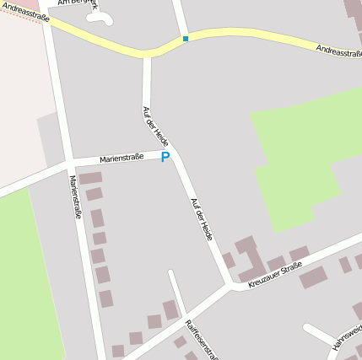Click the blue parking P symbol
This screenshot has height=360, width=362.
click(165, 157)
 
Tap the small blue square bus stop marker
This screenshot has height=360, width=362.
click(185, 39)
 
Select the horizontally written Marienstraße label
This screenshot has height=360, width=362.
click(122, 158)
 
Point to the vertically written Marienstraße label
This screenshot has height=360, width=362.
click(75, 197)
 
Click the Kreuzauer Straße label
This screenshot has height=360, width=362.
click(275, 275)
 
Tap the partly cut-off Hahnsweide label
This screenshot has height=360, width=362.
click(348, 336)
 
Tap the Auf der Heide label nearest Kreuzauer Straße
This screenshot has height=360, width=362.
click(202, 219)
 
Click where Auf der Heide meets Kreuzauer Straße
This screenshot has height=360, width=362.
click(230, 285)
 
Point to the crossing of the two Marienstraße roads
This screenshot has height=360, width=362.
click(68, 162)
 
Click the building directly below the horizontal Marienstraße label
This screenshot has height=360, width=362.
click(90, 179)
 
